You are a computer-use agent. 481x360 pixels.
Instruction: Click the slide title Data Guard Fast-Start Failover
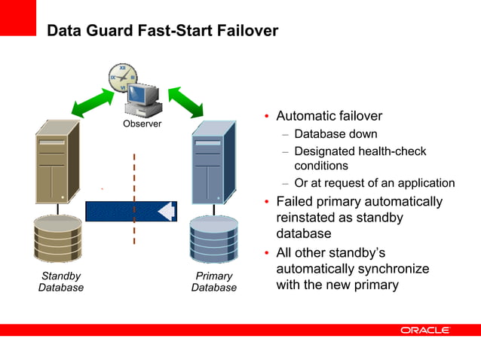(x=162, y=31)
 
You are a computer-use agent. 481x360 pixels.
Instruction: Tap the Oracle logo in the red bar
(x=424, y=330)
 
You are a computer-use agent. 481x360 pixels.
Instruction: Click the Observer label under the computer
(x=142, y=124)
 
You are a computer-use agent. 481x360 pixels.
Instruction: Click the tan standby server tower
(x=57, y=162)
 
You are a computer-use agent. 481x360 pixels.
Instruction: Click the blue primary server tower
(x=213, y=162)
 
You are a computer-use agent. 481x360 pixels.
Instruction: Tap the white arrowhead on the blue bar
(x=167, y=211)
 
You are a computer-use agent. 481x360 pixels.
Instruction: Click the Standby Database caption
(x=60, y=282)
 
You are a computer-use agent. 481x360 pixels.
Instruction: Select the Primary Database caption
(x=213, y=282)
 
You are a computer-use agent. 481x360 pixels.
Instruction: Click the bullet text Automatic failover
(x=329, y=117)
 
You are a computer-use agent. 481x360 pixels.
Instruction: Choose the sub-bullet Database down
(x=335, y=135)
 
